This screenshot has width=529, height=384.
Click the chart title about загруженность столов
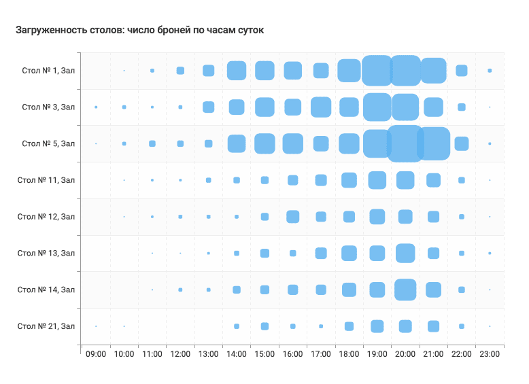point(139,31)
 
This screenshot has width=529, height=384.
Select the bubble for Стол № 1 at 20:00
point(405,71)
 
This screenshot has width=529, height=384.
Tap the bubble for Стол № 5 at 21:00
point(433,143)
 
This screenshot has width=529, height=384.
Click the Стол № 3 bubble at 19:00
point(377,107)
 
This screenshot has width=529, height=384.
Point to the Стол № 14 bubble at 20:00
point(405,290)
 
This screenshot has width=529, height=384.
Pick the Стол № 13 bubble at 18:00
point(349,253)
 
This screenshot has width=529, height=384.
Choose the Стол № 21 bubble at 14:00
point(237,326)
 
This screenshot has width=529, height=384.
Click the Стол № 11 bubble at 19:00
point(377,180)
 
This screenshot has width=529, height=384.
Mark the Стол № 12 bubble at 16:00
point(292,217)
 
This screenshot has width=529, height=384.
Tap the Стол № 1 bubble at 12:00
point(180,71)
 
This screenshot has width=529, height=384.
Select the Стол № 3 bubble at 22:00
point(462,107)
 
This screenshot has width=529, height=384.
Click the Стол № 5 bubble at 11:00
point(152,143)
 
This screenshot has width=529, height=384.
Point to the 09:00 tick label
point(96,354)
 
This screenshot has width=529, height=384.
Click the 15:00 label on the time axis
point(264,354)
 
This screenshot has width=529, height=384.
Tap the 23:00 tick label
point(490,354)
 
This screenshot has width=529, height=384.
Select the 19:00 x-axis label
point(377,354)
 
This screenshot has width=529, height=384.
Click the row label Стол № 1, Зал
point(48,71)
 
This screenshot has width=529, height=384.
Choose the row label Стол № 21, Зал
point(46,326)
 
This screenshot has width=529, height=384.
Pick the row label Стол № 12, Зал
point(46,217)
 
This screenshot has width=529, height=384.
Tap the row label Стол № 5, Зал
point(48,143)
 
